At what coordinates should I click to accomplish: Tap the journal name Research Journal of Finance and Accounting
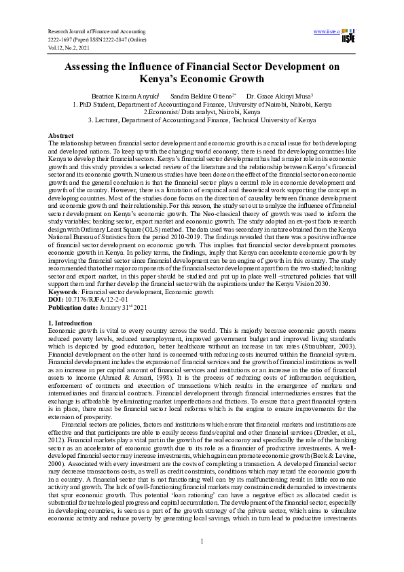point(97,32)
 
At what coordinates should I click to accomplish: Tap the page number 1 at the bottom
point(202,540)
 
